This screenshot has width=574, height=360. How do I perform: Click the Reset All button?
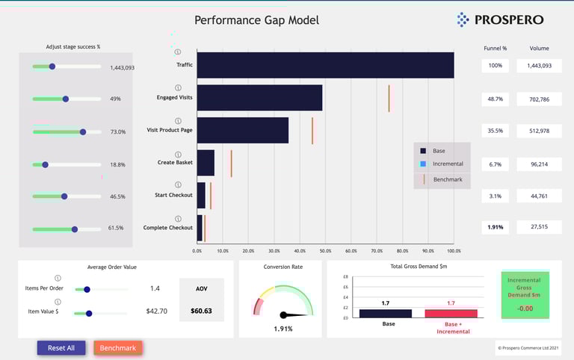click(x=61, y=347)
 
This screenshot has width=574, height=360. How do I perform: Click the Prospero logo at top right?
click(x=500, y=19)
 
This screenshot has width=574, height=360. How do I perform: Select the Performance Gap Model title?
click(x=256, y=20)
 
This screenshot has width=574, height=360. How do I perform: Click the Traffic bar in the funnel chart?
click(x=325, y=65)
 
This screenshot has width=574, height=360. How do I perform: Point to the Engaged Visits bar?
click(x=259, y=98)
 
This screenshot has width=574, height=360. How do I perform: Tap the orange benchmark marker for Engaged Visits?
click(x=389, y=98)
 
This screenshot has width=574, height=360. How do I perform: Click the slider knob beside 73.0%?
click(x=83, y=131)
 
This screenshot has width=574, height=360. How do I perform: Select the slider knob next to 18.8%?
click(x=45, y=164)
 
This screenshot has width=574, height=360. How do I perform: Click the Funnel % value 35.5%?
click(x=495, y=131)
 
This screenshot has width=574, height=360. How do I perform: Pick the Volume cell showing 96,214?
click(x=539, y=164)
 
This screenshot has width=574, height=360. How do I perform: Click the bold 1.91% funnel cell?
click(x=495, y=227)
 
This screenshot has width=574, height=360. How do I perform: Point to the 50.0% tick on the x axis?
click(x=325, y=251)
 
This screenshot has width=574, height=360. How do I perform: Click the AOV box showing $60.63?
click(x=201, y=300)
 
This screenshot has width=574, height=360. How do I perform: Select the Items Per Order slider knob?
click(x=87, y=289)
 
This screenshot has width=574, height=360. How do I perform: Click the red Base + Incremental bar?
click(x=451, y=313)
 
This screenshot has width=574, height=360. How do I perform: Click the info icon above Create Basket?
click(x=178, y=155)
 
